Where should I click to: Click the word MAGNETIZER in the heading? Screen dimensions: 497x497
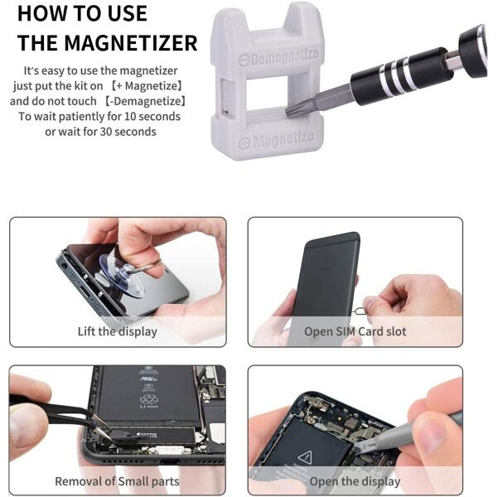point(131,43)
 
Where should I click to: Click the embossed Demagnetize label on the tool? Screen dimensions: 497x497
point(278,57)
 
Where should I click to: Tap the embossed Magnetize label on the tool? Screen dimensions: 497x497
point(277,140)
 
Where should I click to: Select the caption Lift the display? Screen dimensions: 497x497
point(118,331)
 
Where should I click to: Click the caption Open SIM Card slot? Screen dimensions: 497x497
point(355,331)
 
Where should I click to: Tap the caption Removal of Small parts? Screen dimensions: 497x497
point(118,481)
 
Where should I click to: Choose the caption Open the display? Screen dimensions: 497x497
point(355,481)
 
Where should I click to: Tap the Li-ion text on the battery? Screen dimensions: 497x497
point(148,407)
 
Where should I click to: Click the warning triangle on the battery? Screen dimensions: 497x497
point(305,456)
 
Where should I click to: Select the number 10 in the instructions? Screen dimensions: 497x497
point(130,116)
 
